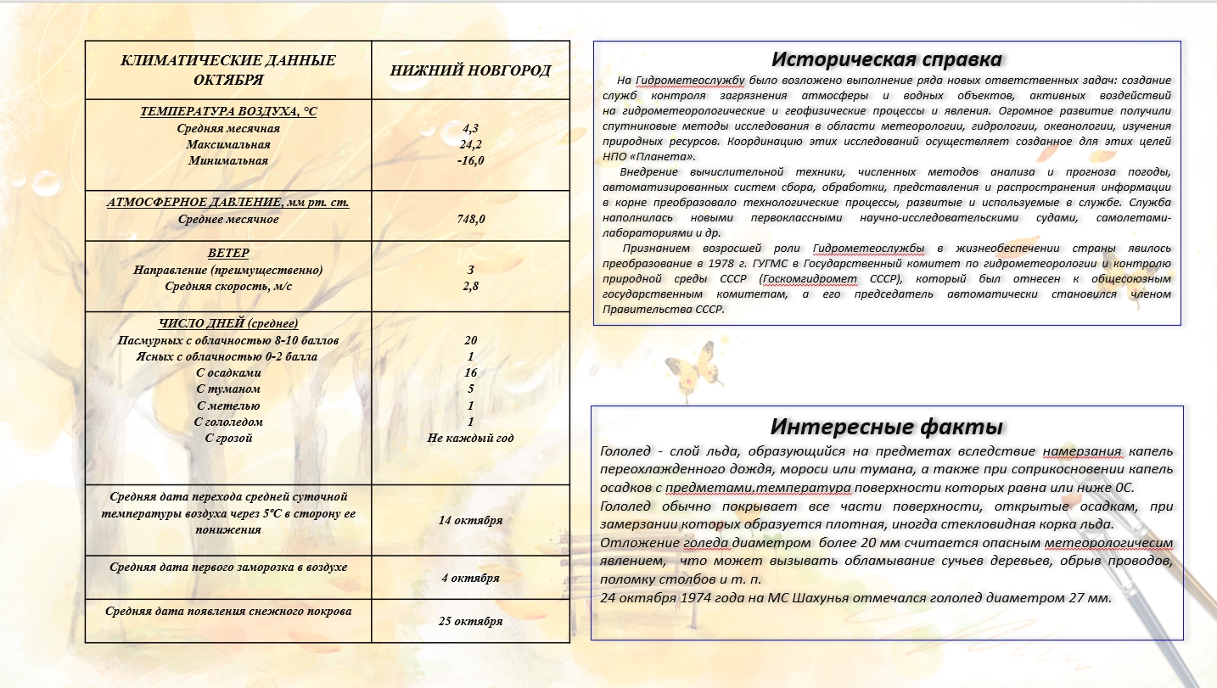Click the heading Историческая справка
886,59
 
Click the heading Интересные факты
887,426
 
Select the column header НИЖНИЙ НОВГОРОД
470,70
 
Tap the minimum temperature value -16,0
470,160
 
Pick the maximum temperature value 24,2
470,144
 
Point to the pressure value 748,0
470,219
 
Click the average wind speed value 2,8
470,286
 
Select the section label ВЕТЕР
227,254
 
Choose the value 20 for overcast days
470,340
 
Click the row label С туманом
227,389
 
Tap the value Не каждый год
470,439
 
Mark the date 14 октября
470,520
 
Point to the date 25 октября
470,621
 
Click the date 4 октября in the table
470,578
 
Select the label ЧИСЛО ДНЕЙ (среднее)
227,323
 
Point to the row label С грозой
228,439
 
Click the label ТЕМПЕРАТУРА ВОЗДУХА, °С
227,111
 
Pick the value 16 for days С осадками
470,372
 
